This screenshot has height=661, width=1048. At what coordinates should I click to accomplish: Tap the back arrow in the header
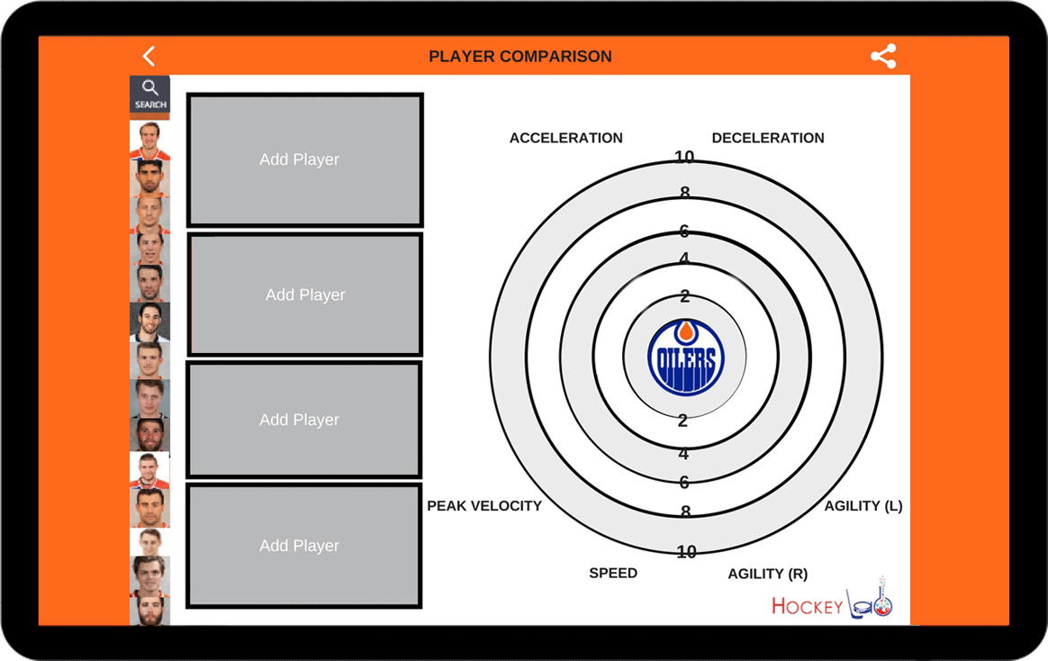pos(149,56)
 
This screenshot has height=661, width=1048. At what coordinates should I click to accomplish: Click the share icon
pos(883,56)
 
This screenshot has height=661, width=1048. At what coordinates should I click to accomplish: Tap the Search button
pos(149,94)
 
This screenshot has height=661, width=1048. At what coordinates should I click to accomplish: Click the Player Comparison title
pos(520,56)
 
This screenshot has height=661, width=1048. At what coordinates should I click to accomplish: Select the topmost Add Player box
pos(305,159)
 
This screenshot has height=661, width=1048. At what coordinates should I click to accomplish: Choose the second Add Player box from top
pos(305,294)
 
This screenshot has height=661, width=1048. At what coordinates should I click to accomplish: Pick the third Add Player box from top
pos(304,420)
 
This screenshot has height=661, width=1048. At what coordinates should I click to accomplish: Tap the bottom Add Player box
pos(304,546)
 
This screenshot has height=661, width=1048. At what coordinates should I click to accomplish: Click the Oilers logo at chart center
pos(686,357)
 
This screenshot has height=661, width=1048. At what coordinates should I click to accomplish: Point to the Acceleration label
pos(566,138)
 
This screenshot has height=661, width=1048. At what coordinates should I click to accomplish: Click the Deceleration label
pos(768,138)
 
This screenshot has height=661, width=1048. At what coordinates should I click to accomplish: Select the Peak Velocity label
pos(484,506)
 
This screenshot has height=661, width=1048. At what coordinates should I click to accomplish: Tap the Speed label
pos(613,573)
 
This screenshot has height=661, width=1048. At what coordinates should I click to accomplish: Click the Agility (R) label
pos(767,574)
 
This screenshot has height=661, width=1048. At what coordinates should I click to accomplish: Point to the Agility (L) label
pos(863,506)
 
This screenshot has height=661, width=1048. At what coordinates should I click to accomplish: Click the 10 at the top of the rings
pos(683,157)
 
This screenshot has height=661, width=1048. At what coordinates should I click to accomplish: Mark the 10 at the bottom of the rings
pos(686,551)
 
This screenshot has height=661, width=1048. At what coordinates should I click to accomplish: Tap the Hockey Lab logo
pos(832,599)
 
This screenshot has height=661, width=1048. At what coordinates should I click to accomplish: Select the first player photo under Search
pos(149,140)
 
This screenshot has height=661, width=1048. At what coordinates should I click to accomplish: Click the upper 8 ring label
pos(685,193)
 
